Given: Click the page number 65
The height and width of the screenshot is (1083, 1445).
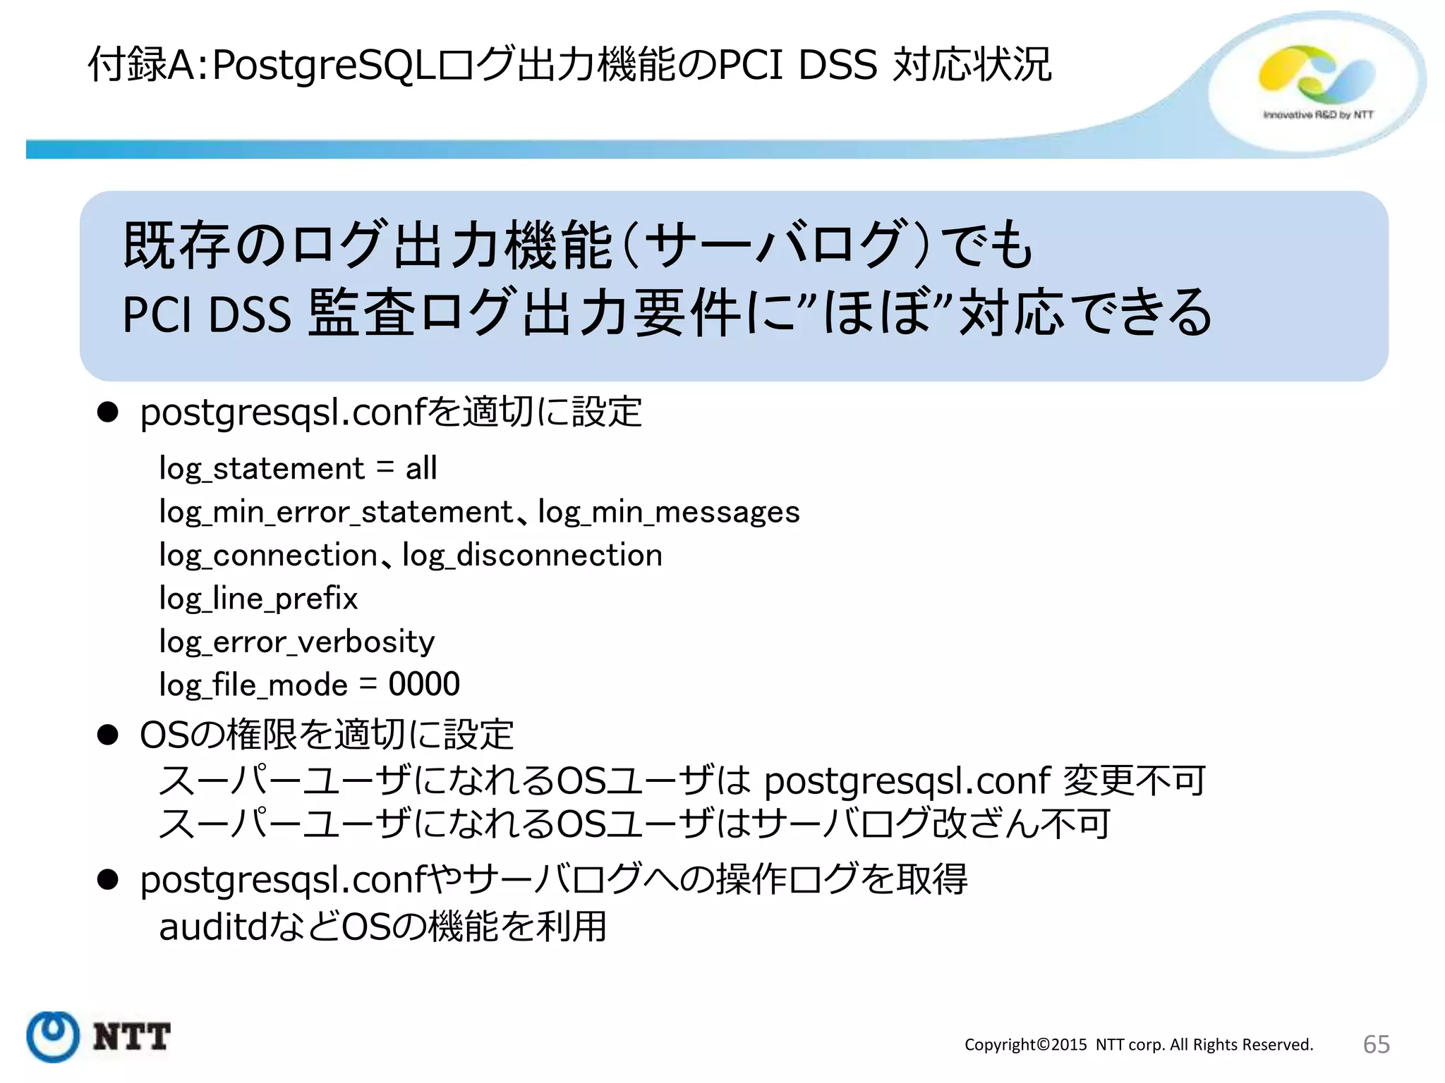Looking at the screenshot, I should click(1376, 1044).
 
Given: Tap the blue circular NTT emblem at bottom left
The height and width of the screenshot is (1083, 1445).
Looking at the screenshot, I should click(52, 1036).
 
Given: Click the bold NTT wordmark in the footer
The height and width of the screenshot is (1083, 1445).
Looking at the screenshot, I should click(131, 1037).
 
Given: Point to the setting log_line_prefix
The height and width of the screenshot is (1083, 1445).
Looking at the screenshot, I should click(258, 599).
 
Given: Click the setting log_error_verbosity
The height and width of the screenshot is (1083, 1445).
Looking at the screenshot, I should click(296, 642).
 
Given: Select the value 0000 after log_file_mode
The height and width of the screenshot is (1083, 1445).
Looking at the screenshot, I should click(423, 685).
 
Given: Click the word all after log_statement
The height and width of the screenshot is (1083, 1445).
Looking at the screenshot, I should click(421, 468).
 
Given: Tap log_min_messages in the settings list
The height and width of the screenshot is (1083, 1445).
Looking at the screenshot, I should click(668, 512).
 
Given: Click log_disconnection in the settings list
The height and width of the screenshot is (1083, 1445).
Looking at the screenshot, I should click(532, 556).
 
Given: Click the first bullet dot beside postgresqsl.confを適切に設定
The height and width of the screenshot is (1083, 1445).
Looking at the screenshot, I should click(107, 412).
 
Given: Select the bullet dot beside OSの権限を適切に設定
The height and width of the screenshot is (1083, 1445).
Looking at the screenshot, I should click(107, 735).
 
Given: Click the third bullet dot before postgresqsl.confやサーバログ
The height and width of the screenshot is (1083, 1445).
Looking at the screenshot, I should click(107, 880).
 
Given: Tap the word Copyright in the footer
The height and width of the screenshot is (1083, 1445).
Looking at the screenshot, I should click(1001, 1045).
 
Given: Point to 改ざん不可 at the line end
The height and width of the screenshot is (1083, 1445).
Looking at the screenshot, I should click(1021, 824).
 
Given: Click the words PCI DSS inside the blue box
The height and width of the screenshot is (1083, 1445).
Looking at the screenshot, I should click(206, 314).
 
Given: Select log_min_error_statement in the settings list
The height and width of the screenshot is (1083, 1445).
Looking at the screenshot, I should click(336, 512).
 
